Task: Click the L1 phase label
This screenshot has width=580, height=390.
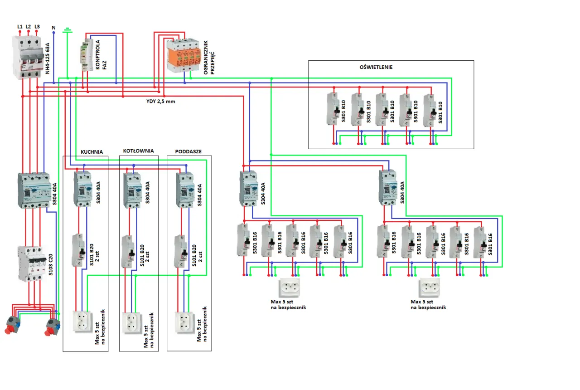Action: [19, 27]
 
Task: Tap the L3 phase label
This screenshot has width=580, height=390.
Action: [37, 27]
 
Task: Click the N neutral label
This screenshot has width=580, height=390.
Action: [53, 28]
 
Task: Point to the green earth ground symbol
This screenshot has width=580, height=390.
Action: [68, 30]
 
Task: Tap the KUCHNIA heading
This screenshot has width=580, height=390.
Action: [92, 151]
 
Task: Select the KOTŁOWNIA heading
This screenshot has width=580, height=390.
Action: [138, 151]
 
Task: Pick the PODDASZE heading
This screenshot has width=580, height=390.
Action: [188, 151]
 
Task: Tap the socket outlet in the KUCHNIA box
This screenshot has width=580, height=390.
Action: [83, 322]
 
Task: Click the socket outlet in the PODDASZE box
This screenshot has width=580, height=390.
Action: [185, 322]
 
